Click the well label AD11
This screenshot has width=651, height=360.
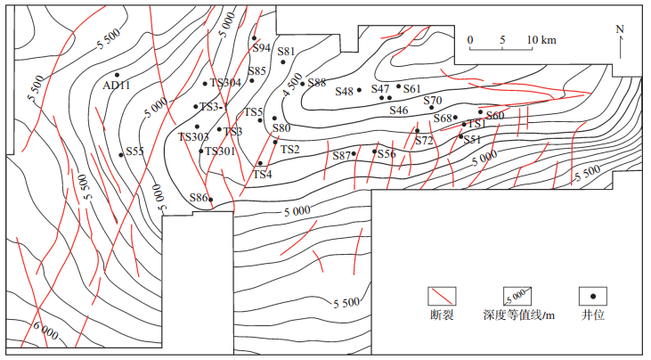[x=118, y=86]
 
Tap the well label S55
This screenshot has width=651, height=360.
[x=134, y=151]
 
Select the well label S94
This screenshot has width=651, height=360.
[x=261, y=48]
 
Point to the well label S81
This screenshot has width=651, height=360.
[x=286, y=52]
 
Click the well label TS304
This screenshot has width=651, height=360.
[x=225, y=83]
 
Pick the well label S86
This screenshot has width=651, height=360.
[x=199, y=197]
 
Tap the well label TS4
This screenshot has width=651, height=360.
[x=262, y=175]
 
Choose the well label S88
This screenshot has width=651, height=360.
[x=317, y=83]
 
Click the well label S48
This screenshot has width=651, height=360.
[x=345, y=91]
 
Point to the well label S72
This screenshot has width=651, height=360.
[x=424, y=141]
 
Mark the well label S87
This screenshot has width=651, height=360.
[x=342, y=156]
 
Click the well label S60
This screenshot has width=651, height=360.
[x=495, y=116]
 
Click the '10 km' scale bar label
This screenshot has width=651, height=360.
[x=541, y=40]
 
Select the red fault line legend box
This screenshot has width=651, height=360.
[x=443, y=296]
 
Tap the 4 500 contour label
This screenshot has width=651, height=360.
[x=292, y=86]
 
